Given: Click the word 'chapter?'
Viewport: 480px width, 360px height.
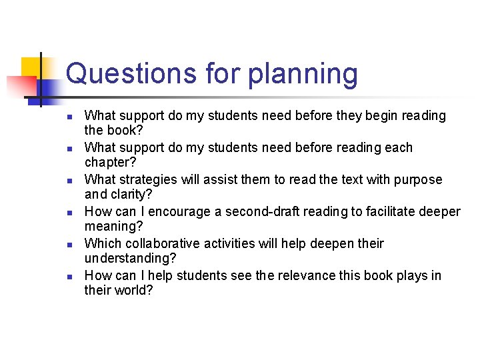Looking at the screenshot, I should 111,162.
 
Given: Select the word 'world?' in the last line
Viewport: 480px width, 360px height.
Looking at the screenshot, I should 134,290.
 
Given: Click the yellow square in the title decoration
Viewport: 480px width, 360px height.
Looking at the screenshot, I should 31,67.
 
